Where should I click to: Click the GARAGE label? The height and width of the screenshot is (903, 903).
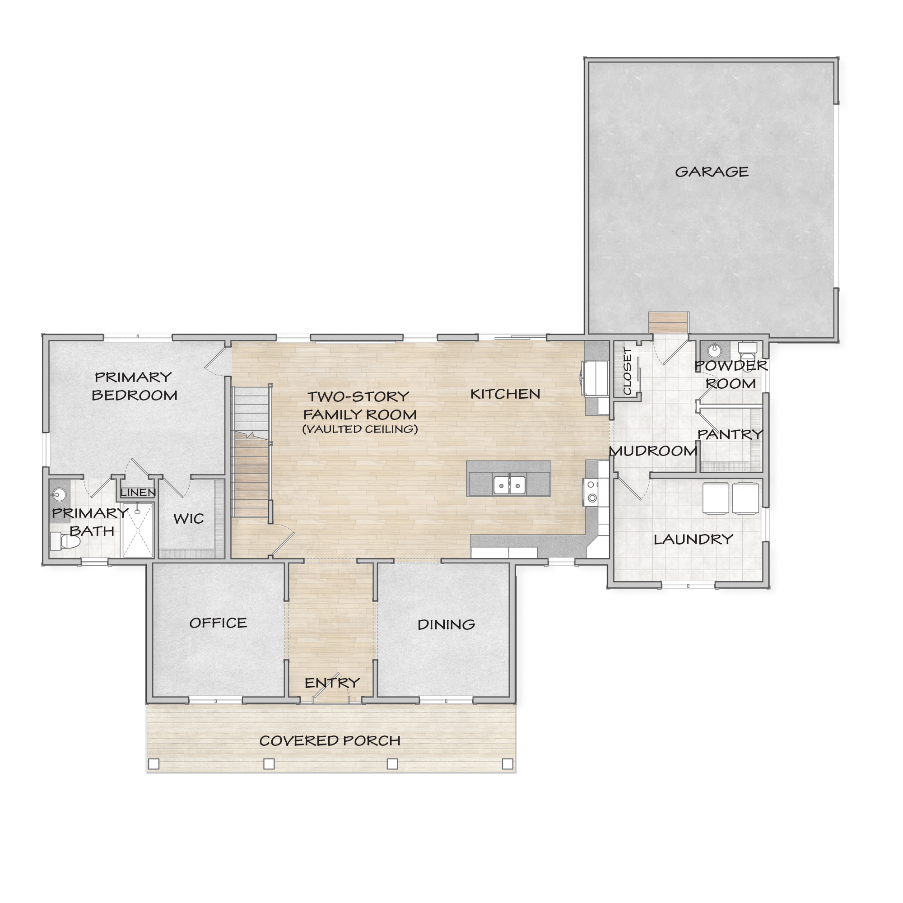click(x=712, y=172)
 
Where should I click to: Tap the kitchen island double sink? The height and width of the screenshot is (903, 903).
click(x=509, y=485)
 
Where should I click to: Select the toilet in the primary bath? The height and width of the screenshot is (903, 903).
click(x=65, y=541)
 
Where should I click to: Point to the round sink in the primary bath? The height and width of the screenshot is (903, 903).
click(x=59, y=493)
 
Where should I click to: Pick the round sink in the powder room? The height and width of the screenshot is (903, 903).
click(x=714, y=349)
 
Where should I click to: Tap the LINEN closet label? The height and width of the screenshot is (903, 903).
click(x=138, y=493)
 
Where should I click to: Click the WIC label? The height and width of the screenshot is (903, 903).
click(x=188, y=518)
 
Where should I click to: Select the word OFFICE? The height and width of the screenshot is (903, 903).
click(x=218, y=623)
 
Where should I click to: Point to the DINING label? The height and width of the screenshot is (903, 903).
click(x=446, y=624)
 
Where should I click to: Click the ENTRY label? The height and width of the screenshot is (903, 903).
click(x=332, y=683)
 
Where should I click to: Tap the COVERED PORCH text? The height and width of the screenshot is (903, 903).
click(x=330, y=741)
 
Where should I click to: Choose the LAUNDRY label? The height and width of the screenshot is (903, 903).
click(x=693, y=540)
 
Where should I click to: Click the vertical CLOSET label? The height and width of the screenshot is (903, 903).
click(x=627, y=371)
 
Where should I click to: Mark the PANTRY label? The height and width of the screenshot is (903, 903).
click(x=730, y=435)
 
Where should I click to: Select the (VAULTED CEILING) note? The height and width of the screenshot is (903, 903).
click(x=360, y=429)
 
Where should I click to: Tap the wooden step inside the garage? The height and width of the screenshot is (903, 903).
click(x=668, y=322)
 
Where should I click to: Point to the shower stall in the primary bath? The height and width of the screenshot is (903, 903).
click(x=137, y=530)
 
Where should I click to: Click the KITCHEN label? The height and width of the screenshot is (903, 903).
click(x=505, y=394)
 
